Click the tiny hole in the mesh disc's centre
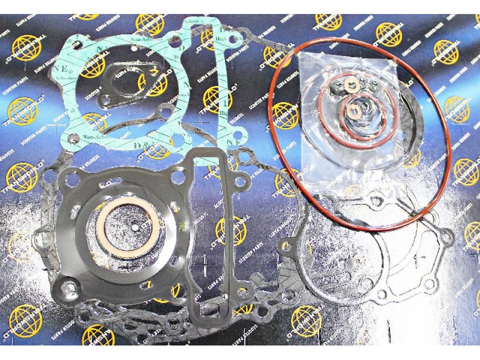pyautogui.click(x=135, y=226)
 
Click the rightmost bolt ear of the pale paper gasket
pyautogui.click(x=447, y=235)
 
